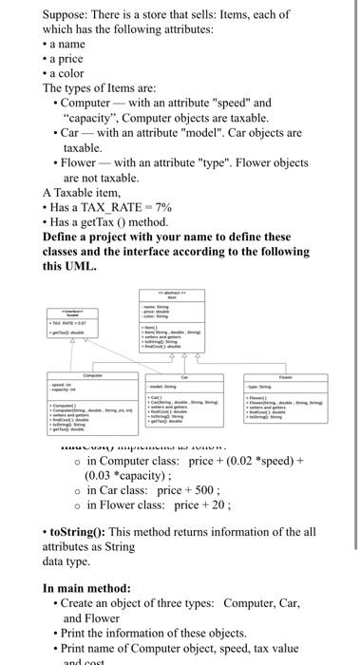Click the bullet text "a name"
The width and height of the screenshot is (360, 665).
click(68, 44)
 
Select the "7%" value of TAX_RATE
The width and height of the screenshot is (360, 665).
click(163, 206)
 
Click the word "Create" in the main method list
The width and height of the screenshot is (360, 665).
click(84, 605)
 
